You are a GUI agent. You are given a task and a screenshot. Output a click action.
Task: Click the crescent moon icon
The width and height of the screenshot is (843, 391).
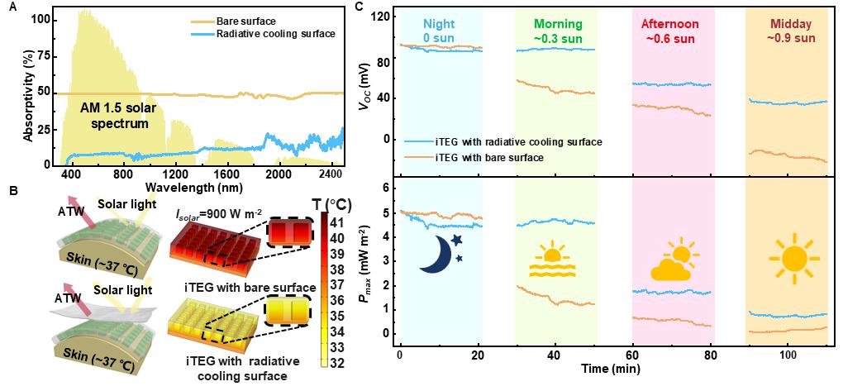[440, 252]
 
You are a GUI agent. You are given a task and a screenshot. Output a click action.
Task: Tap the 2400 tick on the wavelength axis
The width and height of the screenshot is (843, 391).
[330, 175]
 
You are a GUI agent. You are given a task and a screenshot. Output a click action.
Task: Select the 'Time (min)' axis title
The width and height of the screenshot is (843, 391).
[608, 366]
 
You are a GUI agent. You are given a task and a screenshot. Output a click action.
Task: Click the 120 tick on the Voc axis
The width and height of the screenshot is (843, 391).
[381, 17]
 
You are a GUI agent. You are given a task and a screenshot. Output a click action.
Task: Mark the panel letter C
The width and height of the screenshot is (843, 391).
[357, 7]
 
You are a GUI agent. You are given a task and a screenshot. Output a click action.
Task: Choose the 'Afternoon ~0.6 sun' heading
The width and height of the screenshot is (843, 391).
[672, 31]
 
